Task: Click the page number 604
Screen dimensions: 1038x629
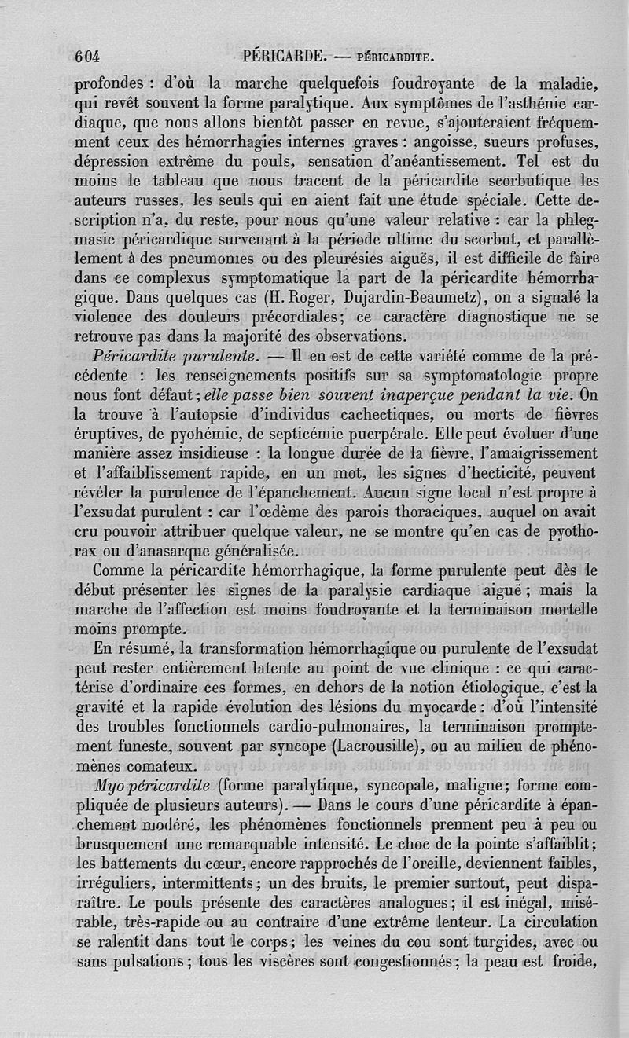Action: pyautogui.click(x=90, y=57)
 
